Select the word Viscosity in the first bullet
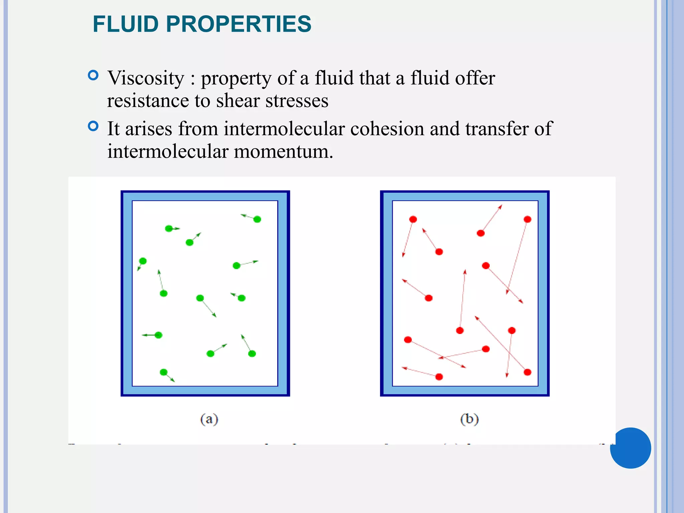146,78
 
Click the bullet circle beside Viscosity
93,75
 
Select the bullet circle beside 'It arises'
93,126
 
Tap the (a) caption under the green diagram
209,419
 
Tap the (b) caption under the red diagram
469,419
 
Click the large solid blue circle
630,448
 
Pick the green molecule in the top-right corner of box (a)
257,219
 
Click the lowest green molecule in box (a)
164,372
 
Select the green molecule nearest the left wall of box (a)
143,261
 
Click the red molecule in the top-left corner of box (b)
413,219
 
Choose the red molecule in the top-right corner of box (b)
527,219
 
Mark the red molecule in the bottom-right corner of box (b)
527,372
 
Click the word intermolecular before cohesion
284,129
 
